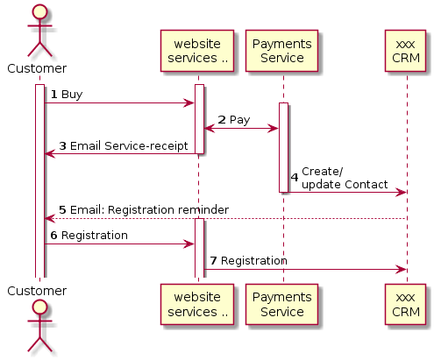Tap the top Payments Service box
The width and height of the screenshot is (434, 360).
pyautogui.click(x=282, y=51)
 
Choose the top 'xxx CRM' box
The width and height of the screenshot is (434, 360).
pyautogui.click(x=406, y=51)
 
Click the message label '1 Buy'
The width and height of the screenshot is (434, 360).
pyautogui.click(x=67, y=94)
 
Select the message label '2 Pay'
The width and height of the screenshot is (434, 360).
pyautogui.click(x=233, y=119)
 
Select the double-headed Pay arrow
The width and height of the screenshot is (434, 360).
pyautogui.click(x=241, y=129)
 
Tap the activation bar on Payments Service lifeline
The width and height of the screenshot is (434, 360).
pyautogui.click(x=283, y=147)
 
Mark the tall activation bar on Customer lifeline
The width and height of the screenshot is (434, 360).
pyautogui.click(x=39, y=180)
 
